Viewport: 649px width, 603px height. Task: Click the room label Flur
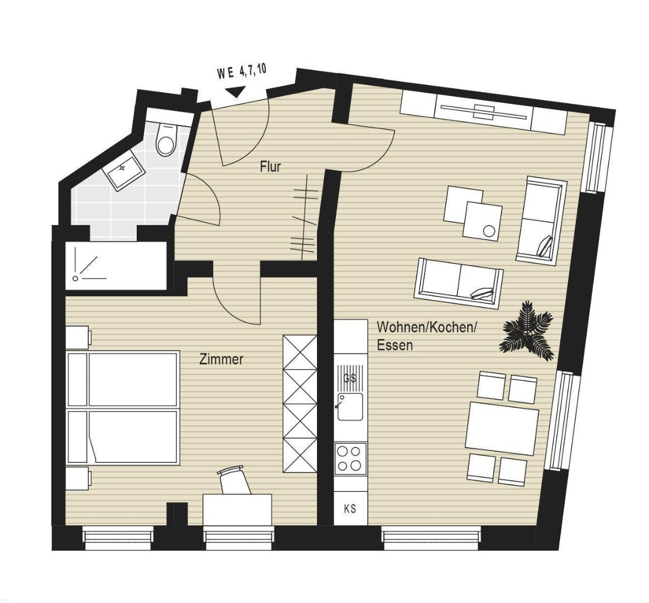tap(270, 166)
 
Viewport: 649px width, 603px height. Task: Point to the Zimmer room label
tap(222, 359)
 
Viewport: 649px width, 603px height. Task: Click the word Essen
tap(395, 345)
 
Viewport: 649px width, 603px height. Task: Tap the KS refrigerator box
tap(350, 508)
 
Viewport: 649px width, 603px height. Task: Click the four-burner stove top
tap(350, 458)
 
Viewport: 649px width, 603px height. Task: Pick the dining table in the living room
tap(502, 425)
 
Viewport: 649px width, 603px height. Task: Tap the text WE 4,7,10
tap(241, 72)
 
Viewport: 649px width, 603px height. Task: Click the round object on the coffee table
tap(489, 231)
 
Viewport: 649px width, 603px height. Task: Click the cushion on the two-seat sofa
tap(483, 293)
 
